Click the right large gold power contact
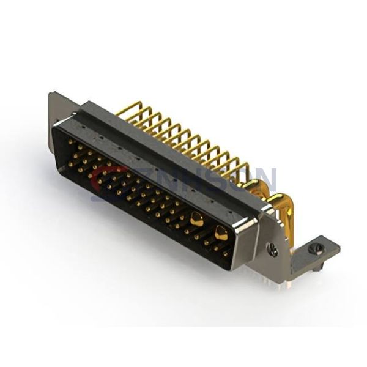tap(221, 233)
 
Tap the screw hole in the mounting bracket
tap(316, 248)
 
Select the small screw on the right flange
tap(273, 250)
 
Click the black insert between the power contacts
tap(208, 226)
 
